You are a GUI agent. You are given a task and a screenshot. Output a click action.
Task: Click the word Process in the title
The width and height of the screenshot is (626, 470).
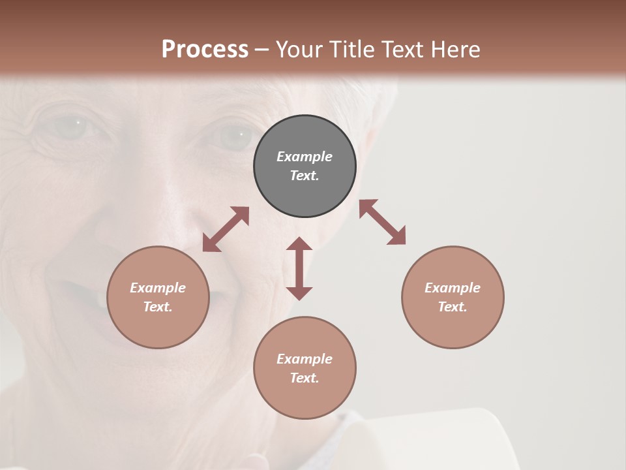[205, 50]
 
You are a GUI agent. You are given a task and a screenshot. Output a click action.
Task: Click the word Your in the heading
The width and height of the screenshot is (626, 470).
[299, 50]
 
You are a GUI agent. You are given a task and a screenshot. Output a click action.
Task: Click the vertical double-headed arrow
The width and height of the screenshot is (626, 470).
[299, 268]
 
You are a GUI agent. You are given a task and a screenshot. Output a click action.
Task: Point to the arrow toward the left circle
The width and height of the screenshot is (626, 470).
[226, 229]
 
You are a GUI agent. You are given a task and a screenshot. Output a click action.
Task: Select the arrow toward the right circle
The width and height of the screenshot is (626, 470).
[382, 222]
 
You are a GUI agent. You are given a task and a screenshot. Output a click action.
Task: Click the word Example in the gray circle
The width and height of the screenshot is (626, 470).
[305, 157]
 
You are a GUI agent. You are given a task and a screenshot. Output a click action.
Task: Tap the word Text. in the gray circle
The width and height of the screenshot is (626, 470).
[305, 176]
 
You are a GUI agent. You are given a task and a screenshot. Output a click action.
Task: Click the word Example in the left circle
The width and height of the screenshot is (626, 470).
[158, 288]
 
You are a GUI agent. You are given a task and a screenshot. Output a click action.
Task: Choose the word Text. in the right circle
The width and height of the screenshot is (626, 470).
[453, 307]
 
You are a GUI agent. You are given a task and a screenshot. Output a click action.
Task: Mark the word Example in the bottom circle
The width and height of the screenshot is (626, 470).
[305, 359]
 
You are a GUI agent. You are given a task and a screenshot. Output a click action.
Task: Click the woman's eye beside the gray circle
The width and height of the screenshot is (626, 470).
[233, 136]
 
